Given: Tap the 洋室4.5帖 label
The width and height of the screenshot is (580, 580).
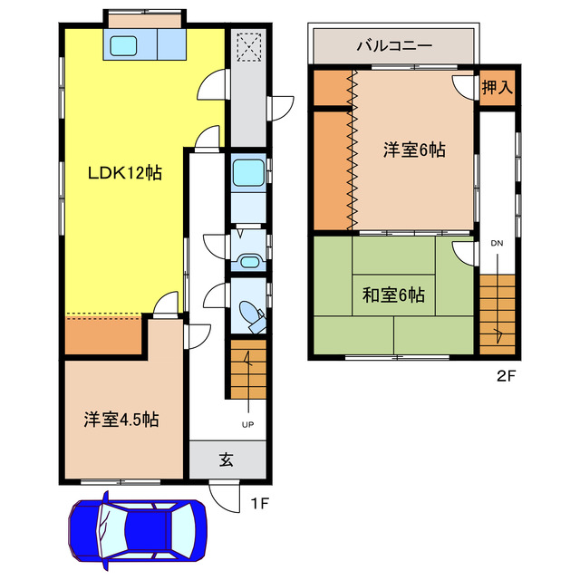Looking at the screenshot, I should [x=122, y=420].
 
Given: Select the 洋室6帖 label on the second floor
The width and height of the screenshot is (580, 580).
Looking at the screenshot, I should [x=413, y=150].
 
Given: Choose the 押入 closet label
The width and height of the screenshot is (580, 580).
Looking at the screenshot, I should [x=498, y=88].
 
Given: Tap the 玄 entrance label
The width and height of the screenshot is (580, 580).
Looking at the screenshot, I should [x=226, y=459].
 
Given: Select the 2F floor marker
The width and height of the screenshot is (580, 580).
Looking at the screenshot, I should [x=506, y=374].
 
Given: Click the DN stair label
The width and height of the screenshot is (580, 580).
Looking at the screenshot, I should [x=497, y=243].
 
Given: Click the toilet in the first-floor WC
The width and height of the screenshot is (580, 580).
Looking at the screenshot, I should [x=250, y=314].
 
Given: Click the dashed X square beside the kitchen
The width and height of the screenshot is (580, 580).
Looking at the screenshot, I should [x=247, y=46].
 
